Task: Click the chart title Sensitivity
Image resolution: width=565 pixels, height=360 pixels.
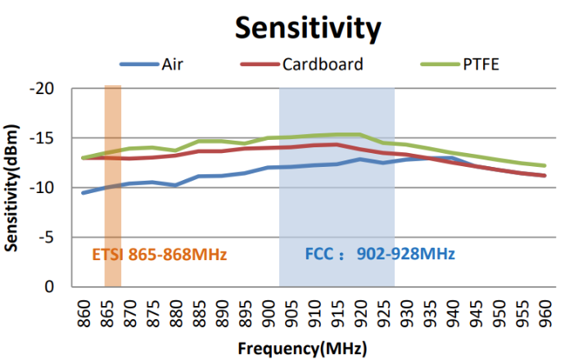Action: pos(308,27)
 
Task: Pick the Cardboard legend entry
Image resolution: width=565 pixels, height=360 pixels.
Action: pos(323,64)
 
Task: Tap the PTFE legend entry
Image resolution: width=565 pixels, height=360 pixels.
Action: pos(477,64)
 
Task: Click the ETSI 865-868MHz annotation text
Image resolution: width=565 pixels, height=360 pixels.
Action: pos(158,254)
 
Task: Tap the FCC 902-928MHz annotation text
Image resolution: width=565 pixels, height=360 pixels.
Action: pos(379,254)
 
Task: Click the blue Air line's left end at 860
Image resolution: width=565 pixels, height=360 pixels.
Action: pos(83,192)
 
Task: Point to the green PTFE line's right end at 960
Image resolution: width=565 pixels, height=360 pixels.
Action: pos(545,165)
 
